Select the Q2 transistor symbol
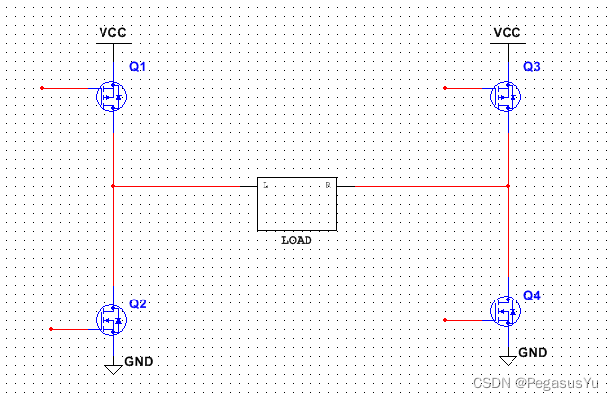click(112, 319)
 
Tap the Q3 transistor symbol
click(507, 97)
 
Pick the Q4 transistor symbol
click(507, 311)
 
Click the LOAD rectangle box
click(297, 205)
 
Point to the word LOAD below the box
click(297, 240)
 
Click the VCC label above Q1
click(113, 32)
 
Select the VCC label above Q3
click(508, 32)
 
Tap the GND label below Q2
click(139, 360)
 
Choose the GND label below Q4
click(533, 352)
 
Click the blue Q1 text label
click(138, 66)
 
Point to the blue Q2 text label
click(138, 303)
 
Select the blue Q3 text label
click(532, 66)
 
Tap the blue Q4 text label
click(532, 296)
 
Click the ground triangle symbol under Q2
click(113, 369)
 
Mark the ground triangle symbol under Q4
click(508, 361)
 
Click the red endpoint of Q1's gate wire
click(42, 88)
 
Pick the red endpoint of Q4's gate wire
click(444, 320)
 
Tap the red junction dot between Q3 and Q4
click(508, 185)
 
